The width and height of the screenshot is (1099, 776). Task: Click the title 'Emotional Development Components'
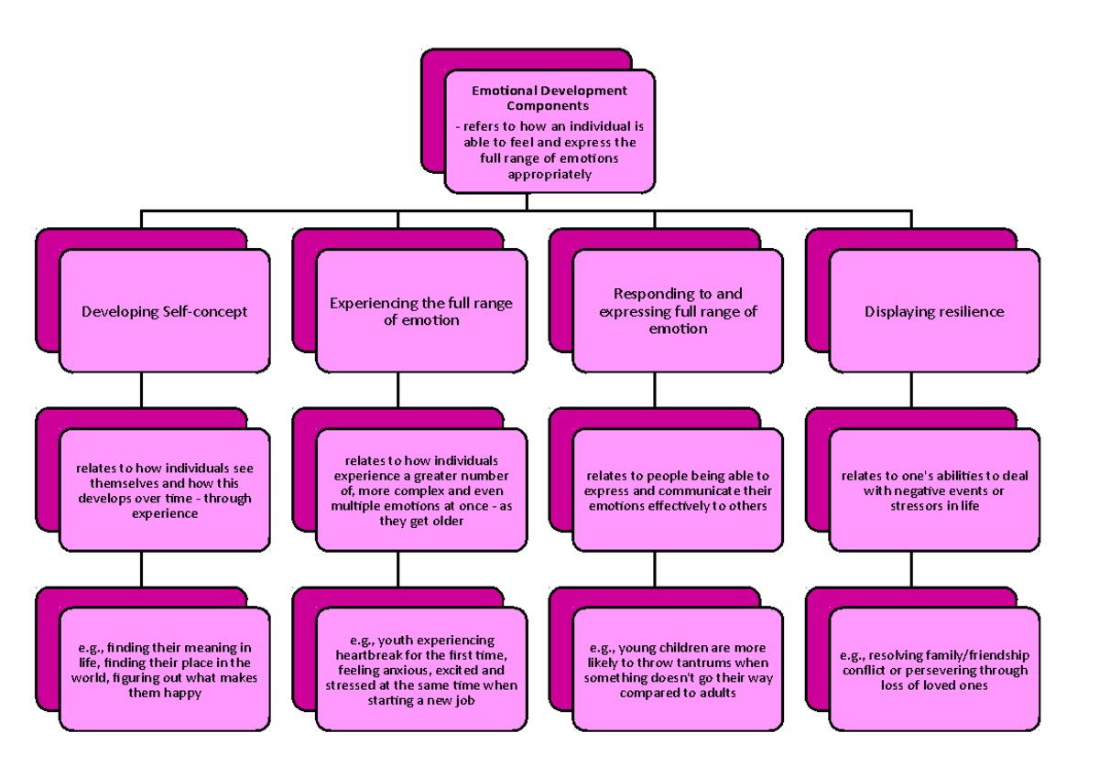point(549,98)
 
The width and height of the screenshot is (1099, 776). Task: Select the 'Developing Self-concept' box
point(165,312)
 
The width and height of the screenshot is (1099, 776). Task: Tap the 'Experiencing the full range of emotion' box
point(421,312)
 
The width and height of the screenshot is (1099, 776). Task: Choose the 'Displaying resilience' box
point(934,312)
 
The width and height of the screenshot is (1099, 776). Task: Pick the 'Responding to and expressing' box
point(678,312)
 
